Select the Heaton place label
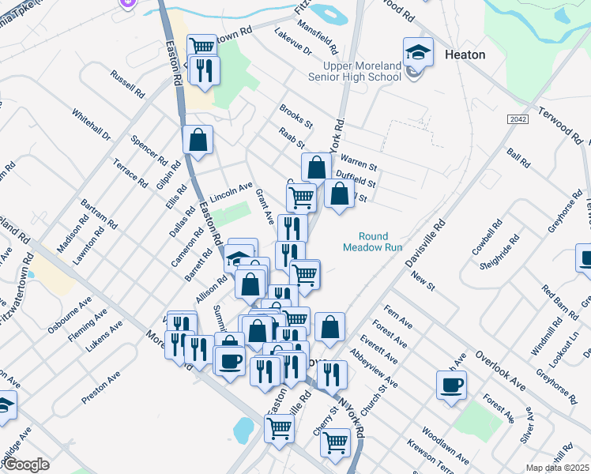[x=465, y=55]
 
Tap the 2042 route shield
[x=518, y=118]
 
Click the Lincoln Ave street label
[x=231, y=192]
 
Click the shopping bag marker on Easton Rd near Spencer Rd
[x=198, y=141]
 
